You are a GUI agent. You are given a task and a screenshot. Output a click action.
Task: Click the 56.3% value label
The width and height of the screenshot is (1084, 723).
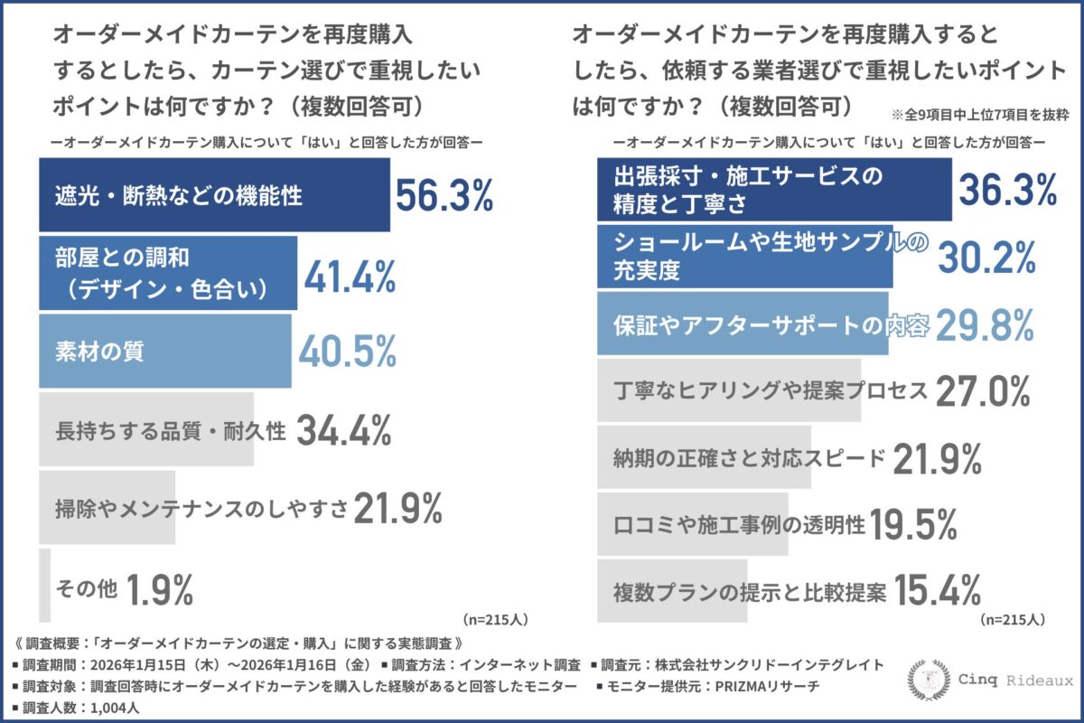[x=444, y=196]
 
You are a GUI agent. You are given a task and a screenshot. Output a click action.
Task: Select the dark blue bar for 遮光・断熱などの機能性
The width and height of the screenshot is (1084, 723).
[x=214, y=195]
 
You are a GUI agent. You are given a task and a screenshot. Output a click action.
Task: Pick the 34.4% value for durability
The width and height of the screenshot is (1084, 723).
[x=343, y=431]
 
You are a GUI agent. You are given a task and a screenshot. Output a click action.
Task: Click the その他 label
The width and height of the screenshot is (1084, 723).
[x=86, y=589]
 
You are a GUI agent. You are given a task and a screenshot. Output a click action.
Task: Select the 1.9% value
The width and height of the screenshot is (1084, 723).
[x=160, y=589]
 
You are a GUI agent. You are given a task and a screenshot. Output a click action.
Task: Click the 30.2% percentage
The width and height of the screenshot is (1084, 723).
[x=984, y=258]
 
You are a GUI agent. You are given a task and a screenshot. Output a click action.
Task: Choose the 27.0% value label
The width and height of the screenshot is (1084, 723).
[x=983, y=391]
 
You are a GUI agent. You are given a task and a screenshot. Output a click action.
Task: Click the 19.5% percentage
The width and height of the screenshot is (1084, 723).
[x=914, y=524]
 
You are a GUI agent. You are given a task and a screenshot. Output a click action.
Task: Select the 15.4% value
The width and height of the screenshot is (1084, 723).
[x=938, y=590]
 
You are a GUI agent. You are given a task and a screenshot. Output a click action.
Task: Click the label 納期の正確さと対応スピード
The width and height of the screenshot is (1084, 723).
[x=749, y=458]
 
